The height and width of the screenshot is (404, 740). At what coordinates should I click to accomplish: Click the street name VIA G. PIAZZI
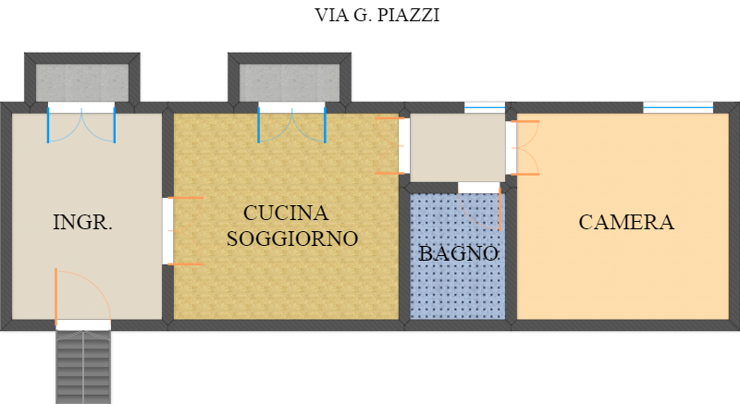[377, 15]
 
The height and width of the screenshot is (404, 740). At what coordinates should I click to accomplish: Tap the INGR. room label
[82, 222]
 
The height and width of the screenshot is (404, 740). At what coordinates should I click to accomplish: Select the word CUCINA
[286, 213]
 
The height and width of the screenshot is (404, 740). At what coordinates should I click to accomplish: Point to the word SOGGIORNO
[292, 239]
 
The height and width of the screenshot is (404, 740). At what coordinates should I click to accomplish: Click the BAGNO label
[458, 253]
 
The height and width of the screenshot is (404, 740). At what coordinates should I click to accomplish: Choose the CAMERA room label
[626, 222]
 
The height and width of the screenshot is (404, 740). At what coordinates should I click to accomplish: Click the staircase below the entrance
[83, 367]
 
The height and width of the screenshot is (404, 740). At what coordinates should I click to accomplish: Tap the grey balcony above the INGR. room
[82, 82]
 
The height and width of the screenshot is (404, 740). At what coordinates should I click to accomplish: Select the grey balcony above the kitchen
[290, 82]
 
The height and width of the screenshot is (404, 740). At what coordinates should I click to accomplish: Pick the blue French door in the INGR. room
[81, 125]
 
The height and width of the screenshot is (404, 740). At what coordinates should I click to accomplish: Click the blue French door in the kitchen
[291, 125]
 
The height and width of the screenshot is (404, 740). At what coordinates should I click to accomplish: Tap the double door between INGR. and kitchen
[185, 231]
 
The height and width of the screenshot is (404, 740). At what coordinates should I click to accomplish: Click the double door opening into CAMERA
[525, 148]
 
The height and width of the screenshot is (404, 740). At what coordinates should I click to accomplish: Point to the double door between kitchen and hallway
[389, 146]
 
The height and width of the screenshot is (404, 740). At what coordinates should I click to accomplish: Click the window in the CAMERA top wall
[678, 107]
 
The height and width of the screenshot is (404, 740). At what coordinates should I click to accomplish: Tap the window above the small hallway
[485, 107]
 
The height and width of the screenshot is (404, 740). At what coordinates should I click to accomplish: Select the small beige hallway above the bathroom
[457, 148]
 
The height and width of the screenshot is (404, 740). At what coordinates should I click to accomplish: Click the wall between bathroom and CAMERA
[512, 254]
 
